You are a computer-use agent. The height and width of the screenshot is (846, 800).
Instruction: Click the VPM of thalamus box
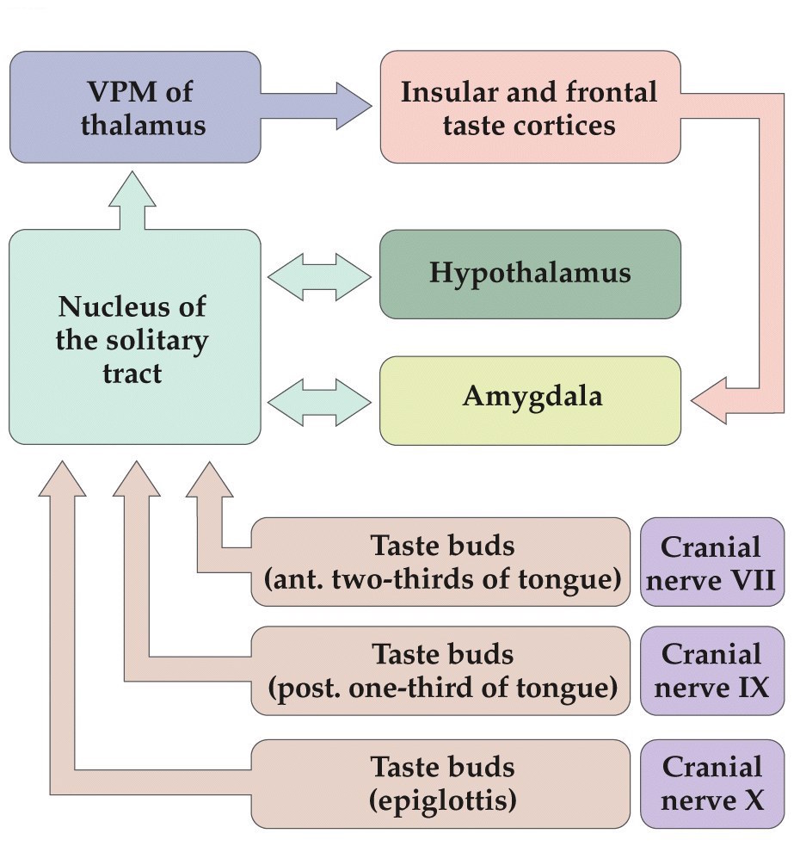(135, 107)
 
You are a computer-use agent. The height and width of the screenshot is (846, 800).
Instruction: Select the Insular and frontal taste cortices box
(530, 107)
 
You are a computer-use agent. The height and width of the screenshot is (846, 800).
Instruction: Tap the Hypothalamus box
(530, 274)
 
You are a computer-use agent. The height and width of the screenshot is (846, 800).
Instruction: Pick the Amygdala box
(530, 399)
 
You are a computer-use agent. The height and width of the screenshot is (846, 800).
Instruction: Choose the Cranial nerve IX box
(712, 670)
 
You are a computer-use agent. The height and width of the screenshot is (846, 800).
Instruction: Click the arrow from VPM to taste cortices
(318, 107)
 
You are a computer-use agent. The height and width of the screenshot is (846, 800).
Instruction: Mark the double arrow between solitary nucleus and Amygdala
(319, 401)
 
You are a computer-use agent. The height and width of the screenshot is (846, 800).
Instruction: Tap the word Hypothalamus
(530, 274)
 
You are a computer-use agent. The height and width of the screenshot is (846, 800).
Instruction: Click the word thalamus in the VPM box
(144, 125)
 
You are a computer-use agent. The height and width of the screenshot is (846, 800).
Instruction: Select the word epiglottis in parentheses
(442, 800)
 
